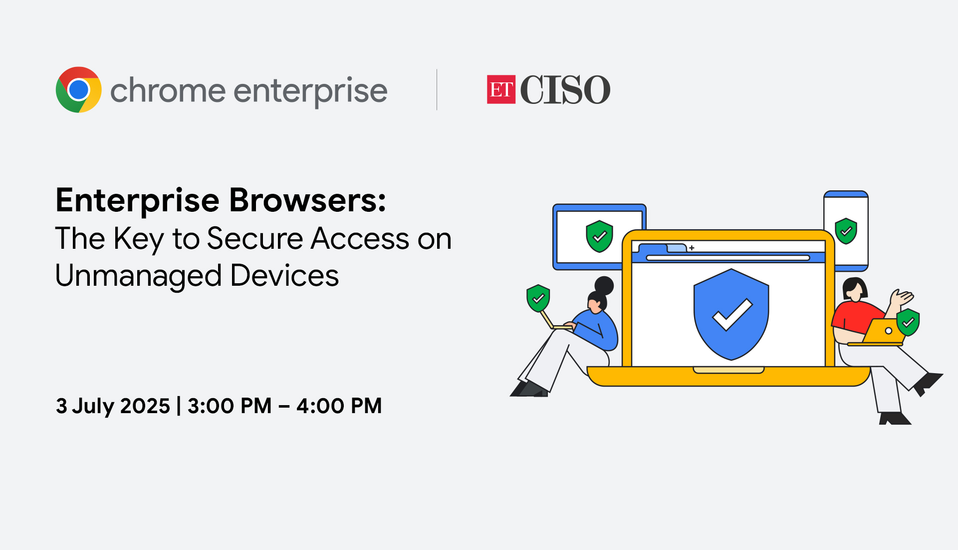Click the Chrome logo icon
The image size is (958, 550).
(78, 90)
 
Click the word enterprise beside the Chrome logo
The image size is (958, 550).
(310, 91)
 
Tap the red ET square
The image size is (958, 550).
(501, 89)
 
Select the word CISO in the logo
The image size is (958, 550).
(565, 90)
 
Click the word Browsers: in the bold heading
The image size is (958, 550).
(307, 200)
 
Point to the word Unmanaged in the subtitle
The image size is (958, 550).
(138, 276)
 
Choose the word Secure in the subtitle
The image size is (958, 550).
(255, 238)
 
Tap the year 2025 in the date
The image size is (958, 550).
(145, 406)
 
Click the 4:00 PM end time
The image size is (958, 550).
(339, 406)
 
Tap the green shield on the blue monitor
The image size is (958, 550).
(599, 236)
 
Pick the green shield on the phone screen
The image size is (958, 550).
(846, 231)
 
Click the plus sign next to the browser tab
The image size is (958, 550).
(692, 248)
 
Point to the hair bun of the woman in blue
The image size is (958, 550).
(604, 286)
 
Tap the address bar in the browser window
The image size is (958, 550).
(728, 258)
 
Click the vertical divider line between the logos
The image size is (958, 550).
(437, 89)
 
